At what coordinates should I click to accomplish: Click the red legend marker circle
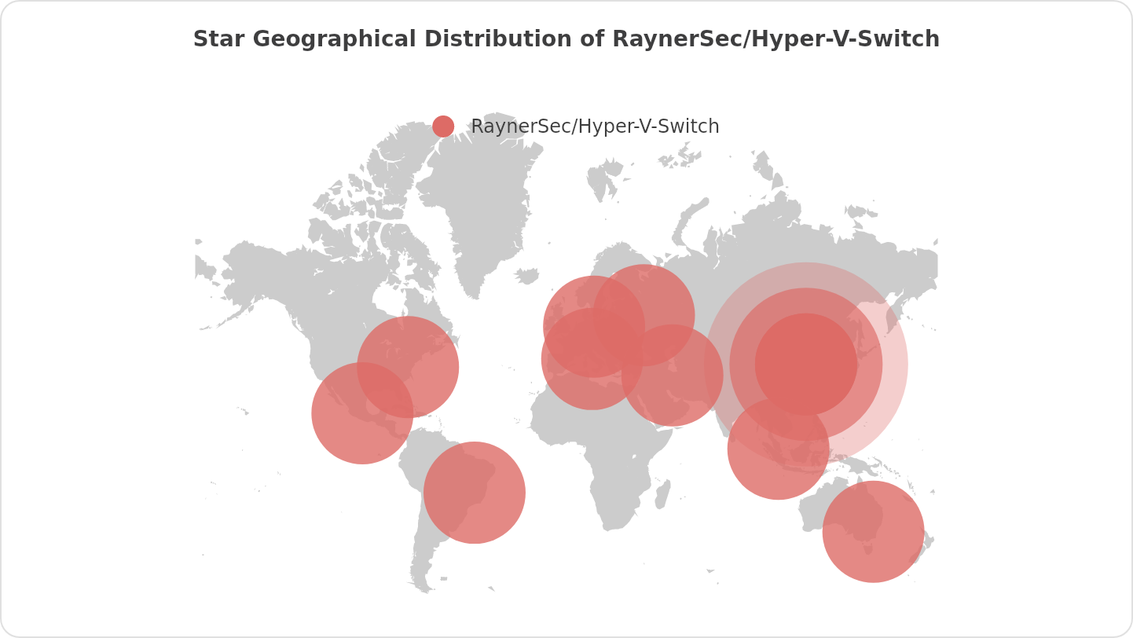(443, 126)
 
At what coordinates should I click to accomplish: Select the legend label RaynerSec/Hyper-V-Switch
(595, 126)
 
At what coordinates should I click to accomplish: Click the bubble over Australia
(873, 532)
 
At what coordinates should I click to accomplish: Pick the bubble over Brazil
(475, 493)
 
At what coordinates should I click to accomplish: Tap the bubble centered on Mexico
(362, 413)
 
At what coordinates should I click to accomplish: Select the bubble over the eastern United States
(408, 366)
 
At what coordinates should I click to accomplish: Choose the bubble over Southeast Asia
(778, 449)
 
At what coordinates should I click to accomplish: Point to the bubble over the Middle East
(673, 376)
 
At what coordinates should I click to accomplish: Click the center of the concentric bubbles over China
(806, 364)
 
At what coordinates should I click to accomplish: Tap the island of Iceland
(528, 276)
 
